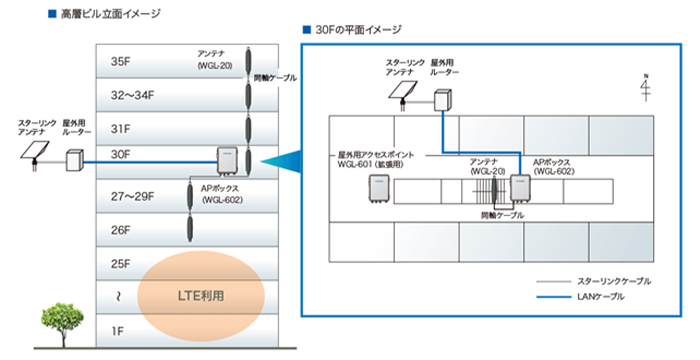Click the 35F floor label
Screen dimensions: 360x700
point(121,61)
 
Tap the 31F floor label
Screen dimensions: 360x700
point(121,127)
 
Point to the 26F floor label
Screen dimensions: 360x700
point(121,230)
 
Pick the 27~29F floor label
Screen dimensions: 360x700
point(133,195)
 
